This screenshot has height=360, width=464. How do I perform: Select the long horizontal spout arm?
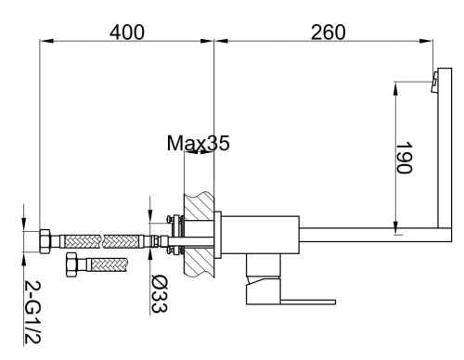[x=371, y=229]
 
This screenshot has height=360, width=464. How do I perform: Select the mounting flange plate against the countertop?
[x=219, y=237]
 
